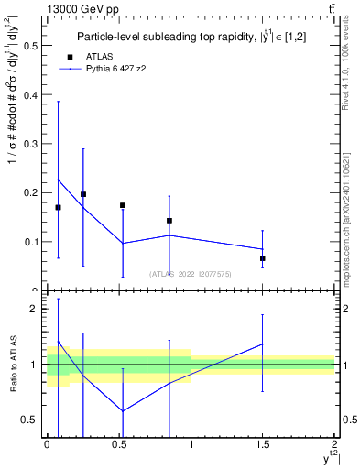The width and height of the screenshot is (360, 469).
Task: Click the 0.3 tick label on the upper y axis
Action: [30, 143]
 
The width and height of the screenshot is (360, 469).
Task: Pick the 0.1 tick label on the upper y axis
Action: [30, 242]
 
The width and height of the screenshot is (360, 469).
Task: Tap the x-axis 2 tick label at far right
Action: [334, 443]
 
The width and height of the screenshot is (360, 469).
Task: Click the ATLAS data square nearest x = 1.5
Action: [263, 258]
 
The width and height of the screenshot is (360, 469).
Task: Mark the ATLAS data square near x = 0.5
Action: [122, 205]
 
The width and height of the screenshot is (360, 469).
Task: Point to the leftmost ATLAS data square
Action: [58, 207]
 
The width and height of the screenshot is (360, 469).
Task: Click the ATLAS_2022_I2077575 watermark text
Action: [191, 273]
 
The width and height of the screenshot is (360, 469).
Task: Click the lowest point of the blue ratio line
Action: [122, 411]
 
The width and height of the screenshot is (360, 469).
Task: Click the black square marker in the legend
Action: [71, 56]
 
